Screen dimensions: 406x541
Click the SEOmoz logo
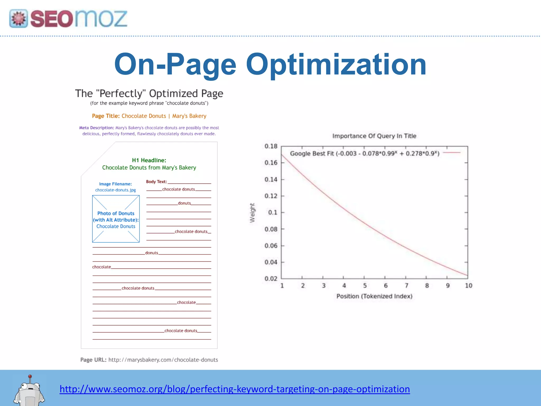[68, 19]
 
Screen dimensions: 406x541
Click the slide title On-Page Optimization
[270, 64]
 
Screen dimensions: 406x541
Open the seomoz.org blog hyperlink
[235, 389]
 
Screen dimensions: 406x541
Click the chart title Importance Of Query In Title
[374, 136]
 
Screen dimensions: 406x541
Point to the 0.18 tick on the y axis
[271, 146]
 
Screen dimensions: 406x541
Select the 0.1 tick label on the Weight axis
[273, 213]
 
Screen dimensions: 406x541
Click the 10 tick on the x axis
[469, 285]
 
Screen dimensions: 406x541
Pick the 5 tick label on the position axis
[365, 285]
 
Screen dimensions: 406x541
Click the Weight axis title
[253, 213]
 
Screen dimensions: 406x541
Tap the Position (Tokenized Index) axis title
[374, 296]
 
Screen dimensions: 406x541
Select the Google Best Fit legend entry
[365, 153]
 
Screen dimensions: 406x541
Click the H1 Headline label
[149, 160]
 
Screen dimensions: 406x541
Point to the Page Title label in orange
[106, 116]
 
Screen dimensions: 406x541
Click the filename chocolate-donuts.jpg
[115, 190]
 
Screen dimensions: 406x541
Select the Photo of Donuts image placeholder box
[116, 219]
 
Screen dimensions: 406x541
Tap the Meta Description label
[96, 128]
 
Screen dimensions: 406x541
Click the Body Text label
[156, 182]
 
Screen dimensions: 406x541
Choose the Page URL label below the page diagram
[93, 360]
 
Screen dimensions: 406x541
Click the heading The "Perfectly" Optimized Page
[149, 94]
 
